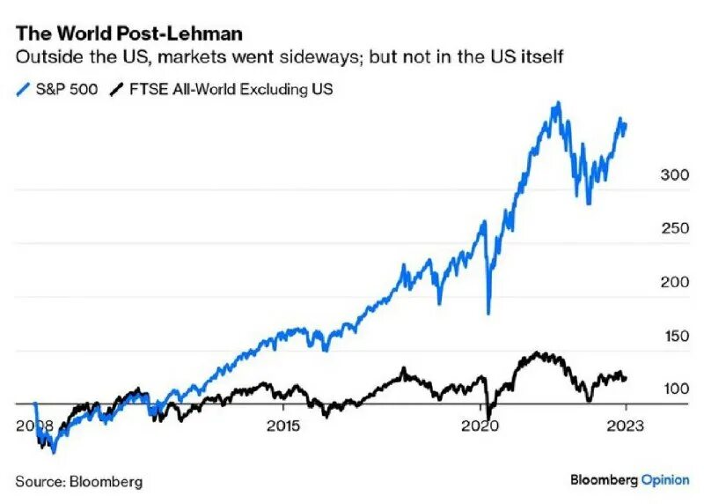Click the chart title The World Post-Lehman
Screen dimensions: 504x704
coord(129,33)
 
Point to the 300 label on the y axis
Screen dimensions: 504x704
coord(674,175)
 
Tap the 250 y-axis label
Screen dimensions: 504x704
coord(674,229)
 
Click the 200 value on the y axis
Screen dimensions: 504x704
coord(674,282)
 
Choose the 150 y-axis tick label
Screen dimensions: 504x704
coord(674,336)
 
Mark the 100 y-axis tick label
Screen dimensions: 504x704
coord(674,389)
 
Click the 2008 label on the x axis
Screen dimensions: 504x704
coord(34,426)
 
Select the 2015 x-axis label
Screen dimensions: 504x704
coord(283,426)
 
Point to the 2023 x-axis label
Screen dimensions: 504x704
coord(625,426)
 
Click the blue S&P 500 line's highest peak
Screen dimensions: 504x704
coord(556,103)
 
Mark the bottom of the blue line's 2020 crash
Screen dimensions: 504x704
coord(488,313)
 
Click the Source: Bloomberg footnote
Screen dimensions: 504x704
coord(78,482)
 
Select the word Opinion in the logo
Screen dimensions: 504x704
coord(665,480)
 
